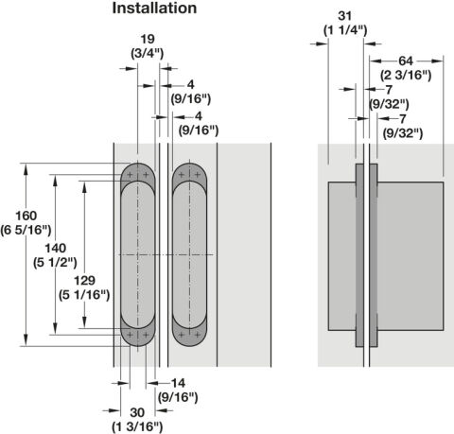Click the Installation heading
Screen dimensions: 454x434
coord(154,9)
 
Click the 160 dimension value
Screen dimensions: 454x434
coord(26,216)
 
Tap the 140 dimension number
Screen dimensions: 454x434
coord(56,249)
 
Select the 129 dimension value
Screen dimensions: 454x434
coord(84,281)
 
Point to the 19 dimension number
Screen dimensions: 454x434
coord(148,40)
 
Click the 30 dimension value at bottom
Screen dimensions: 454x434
coord(137,412)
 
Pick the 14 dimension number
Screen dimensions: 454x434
coord(178,383)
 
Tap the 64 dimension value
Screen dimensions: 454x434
coord(406,61)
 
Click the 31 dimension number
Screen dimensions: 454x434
coord(344,16)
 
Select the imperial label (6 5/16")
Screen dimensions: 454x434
coord(26,231)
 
